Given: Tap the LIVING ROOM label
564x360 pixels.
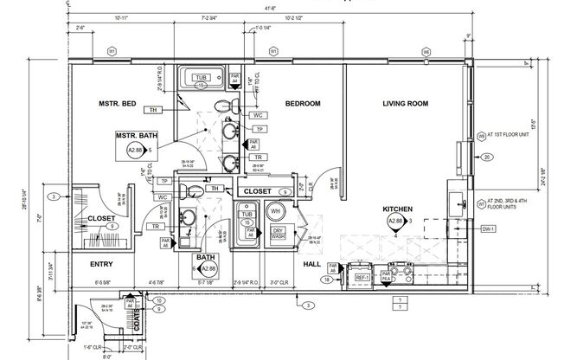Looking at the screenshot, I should [x=406, y=104].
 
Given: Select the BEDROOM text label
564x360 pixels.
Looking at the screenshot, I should [x=303, y=104].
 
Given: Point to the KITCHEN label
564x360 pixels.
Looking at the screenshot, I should [x=397, y=209].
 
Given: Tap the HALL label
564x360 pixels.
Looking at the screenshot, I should [x=312, y=265].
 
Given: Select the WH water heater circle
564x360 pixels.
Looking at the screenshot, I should [x=277, y=211].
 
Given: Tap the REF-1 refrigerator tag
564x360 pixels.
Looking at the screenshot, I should [x=361, y=278].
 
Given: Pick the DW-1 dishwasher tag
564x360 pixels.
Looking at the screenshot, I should [x=486, y=229].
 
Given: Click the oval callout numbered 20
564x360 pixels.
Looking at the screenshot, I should [x=487, y=157].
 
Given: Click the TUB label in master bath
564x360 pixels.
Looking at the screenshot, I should [x=201, y=78].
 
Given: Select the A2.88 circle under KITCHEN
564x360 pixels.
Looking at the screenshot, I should [x=396, y=222].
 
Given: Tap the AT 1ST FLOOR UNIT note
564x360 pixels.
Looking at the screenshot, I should [x=515, y=136].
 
